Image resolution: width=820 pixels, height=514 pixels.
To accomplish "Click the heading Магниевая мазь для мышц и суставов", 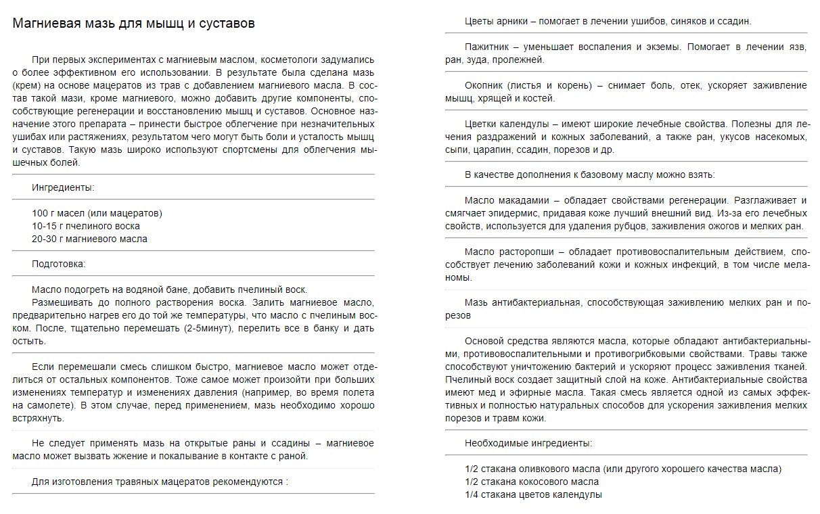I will [134, 24].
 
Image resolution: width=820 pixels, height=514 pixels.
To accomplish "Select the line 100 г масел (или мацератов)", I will [97, 213].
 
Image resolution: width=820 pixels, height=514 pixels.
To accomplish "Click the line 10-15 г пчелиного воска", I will [86, 226].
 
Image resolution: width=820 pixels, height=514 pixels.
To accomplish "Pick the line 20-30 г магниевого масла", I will [89, 239].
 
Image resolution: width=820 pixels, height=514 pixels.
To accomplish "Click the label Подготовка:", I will [59, 264].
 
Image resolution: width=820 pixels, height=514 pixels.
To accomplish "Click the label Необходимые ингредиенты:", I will [528, 443].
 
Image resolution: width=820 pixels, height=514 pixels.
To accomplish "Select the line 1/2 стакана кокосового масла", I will [532, 482].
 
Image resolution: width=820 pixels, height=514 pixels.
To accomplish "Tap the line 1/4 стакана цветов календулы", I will [533, 494].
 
